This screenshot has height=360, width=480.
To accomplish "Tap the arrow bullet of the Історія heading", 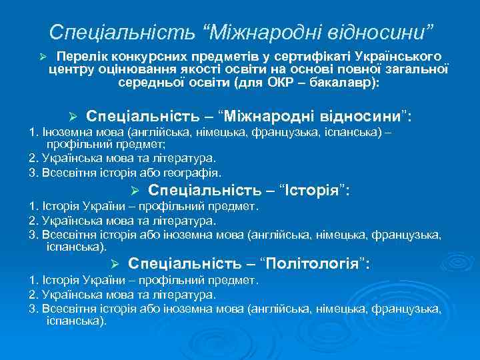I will click(133, 191).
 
